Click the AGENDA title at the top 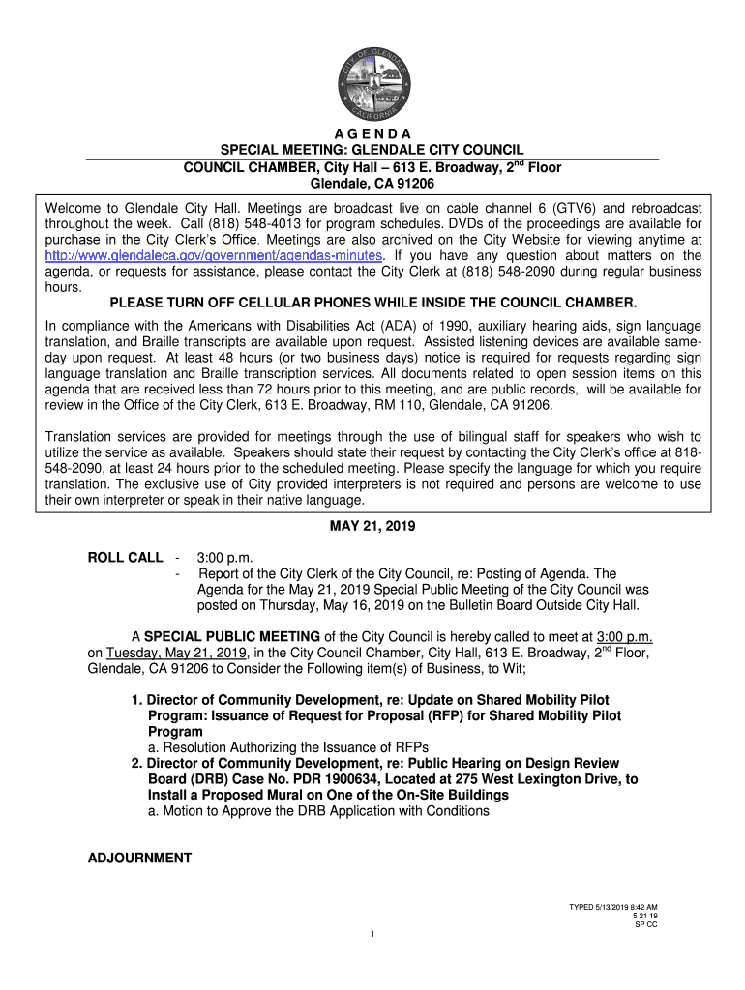(x=372, y=132)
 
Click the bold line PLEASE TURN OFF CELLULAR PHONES (x=372, y=303)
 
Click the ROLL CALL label (x=126, y=558)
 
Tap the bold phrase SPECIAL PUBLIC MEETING (x=232, y=635)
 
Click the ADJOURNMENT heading (x=139, y=858)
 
